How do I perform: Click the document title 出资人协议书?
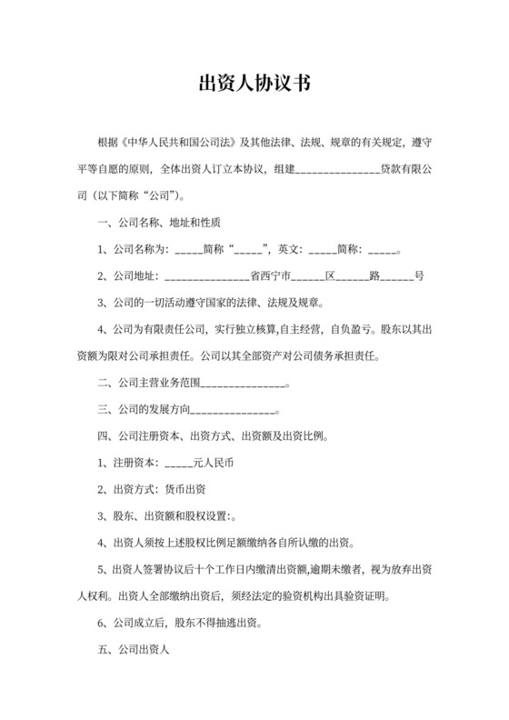coord(254,85)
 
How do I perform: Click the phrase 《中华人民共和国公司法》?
coord(178,144)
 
